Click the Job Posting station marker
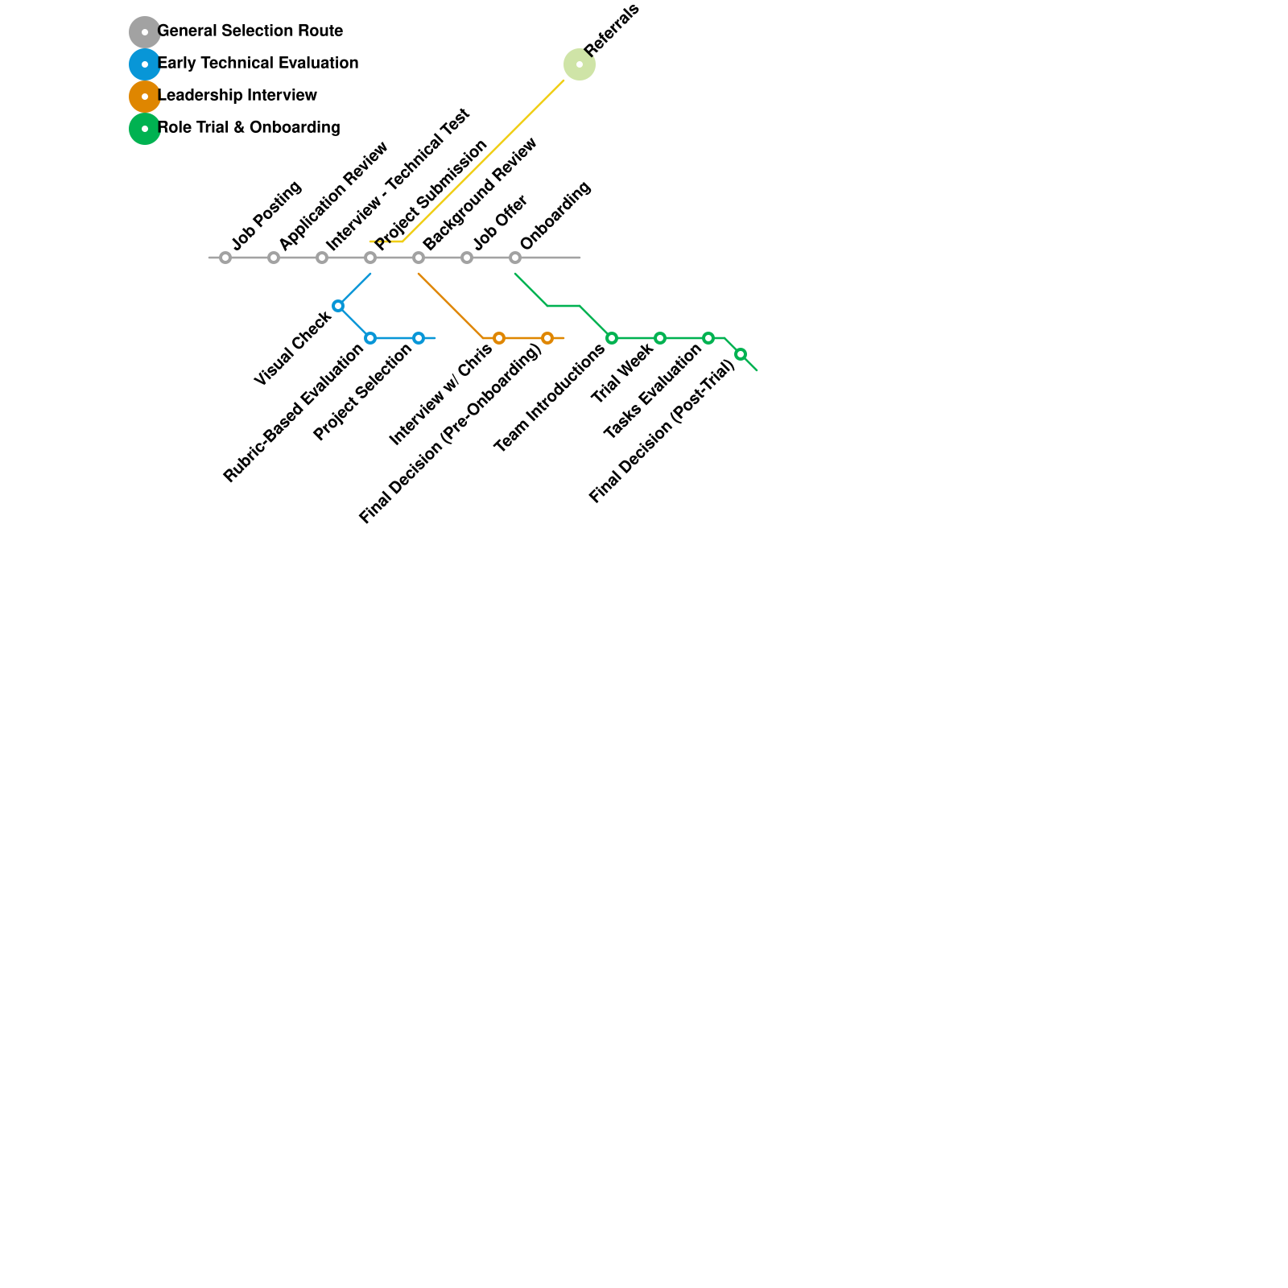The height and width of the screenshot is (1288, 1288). [225, 258]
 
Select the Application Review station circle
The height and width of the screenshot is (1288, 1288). [274, 258]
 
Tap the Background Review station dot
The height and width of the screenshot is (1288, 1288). [419, 258]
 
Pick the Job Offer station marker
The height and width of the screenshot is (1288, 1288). [467, 258]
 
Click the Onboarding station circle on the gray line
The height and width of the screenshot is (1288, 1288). [515, 258]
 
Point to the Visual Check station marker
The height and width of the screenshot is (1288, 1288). [338, 306]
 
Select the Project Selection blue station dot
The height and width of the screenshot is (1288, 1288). [419, 338]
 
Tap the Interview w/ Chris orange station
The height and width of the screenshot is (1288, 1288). [499, 338]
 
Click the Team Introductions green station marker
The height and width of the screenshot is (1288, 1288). [612, 338]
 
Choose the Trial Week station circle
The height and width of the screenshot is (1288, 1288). [660, 338]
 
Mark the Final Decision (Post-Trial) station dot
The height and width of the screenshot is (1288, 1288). [741, 354]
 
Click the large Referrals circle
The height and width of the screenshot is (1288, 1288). [580, 64]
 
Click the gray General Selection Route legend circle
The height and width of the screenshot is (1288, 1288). [145, 32]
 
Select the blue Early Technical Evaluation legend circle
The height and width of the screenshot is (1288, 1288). [145, 64]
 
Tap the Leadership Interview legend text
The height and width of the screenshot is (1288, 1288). [237, 95]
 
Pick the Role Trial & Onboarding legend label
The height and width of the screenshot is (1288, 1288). [249, 127]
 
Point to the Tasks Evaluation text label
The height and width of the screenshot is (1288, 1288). [653, 391]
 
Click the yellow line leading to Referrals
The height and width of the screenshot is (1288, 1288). [483, 160]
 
